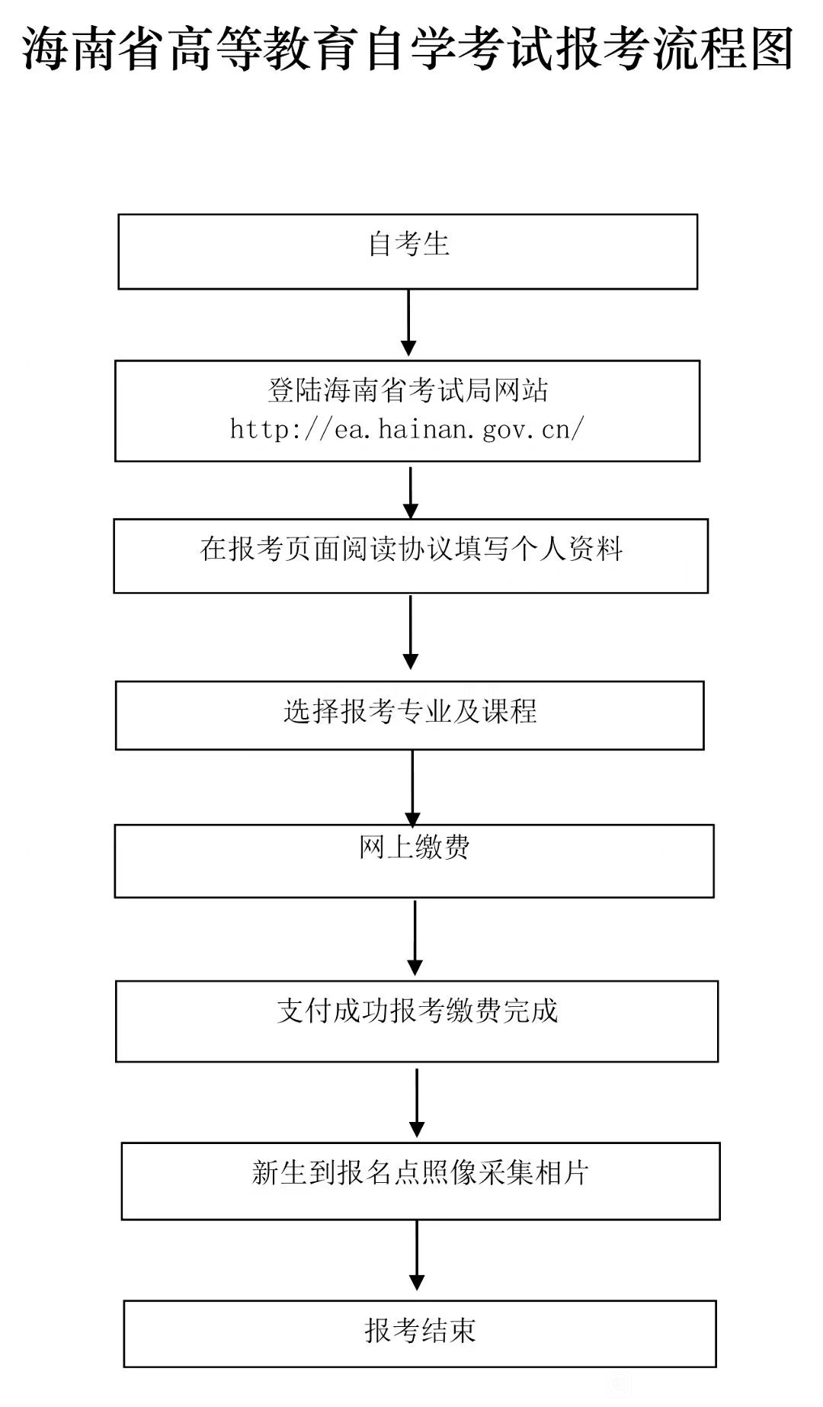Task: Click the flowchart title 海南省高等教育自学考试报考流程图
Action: click(x=408, y=49)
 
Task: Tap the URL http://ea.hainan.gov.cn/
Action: click(x=407, y=429)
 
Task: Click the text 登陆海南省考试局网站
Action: click(x=408, y=390)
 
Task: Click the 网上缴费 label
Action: click(x=415, y=847)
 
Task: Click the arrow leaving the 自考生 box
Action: click(x=408, y=322)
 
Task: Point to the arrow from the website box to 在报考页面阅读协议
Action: click(x=411, y=492)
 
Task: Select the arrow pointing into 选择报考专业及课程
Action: click(x=411, y=632)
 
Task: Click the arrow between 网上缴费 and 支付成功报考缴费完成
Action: click(x=415, y=937)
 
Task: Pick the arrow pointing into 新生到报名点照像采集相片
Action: click(x=417, y=1102)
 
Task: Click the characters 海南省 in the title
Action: click(x=94, y=49)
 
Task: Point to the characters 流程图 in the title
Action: click(x=724, y=49)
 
